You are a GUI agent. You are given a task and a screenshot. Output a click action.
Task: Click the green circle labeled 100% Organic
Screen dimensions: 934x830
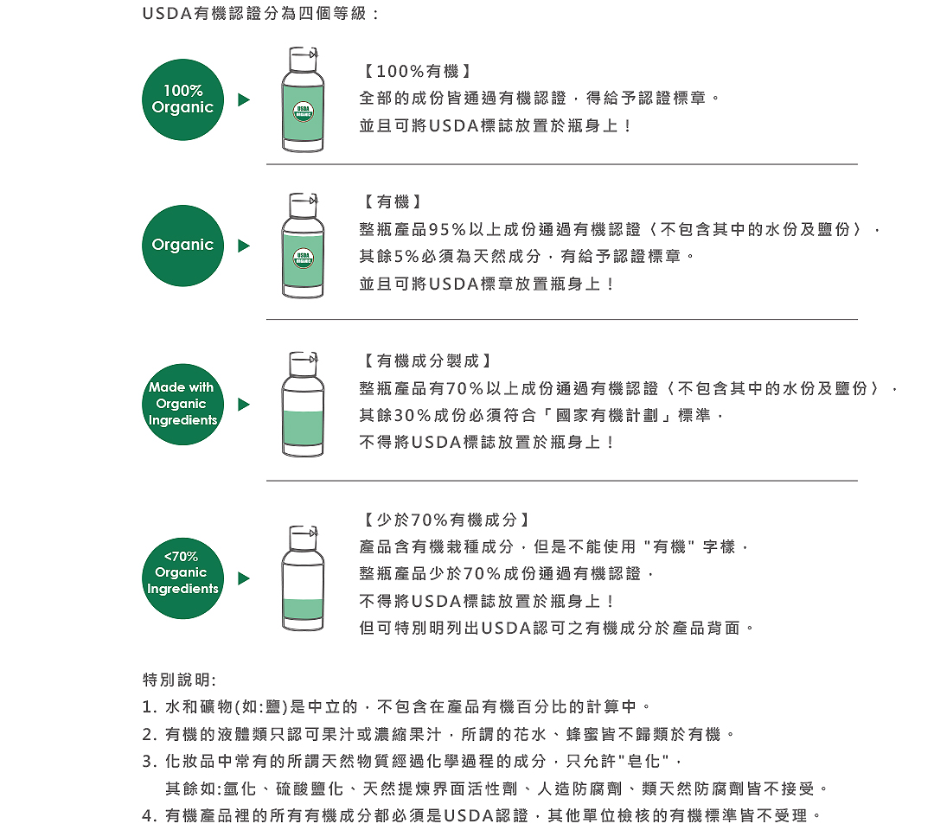tap(182, 99)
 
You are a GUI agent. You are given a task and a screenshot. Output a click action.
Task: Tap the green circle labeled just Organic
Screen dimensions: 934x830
tap(182, 246)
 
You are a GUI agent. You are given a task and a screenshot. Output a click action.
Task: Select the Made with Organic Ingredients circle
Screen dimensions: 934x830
tap(182, 404)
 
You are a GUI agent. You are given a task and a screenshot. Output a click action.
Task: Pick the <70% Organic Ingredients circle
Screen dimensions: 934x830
tap(182, 572)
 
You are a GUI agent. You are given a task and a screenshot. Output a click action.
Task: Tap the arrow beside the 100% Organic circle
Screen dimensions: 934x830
tap(244, 100)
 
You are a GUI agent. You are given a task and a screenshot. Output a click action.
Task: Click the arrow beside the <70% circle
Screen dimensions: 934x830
tap(244, 578)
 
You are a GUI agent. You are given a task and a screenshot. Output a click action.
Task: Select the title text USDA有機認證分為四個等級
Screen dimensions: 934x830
tap(259, 16)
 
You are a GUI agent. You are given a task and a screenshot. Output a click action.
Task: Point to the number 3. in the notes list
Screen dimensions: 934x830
tap(149, 762)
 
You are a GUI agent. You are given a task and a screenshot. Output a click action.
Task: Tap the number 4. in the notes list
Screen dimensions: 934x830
tap(149, 815)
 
